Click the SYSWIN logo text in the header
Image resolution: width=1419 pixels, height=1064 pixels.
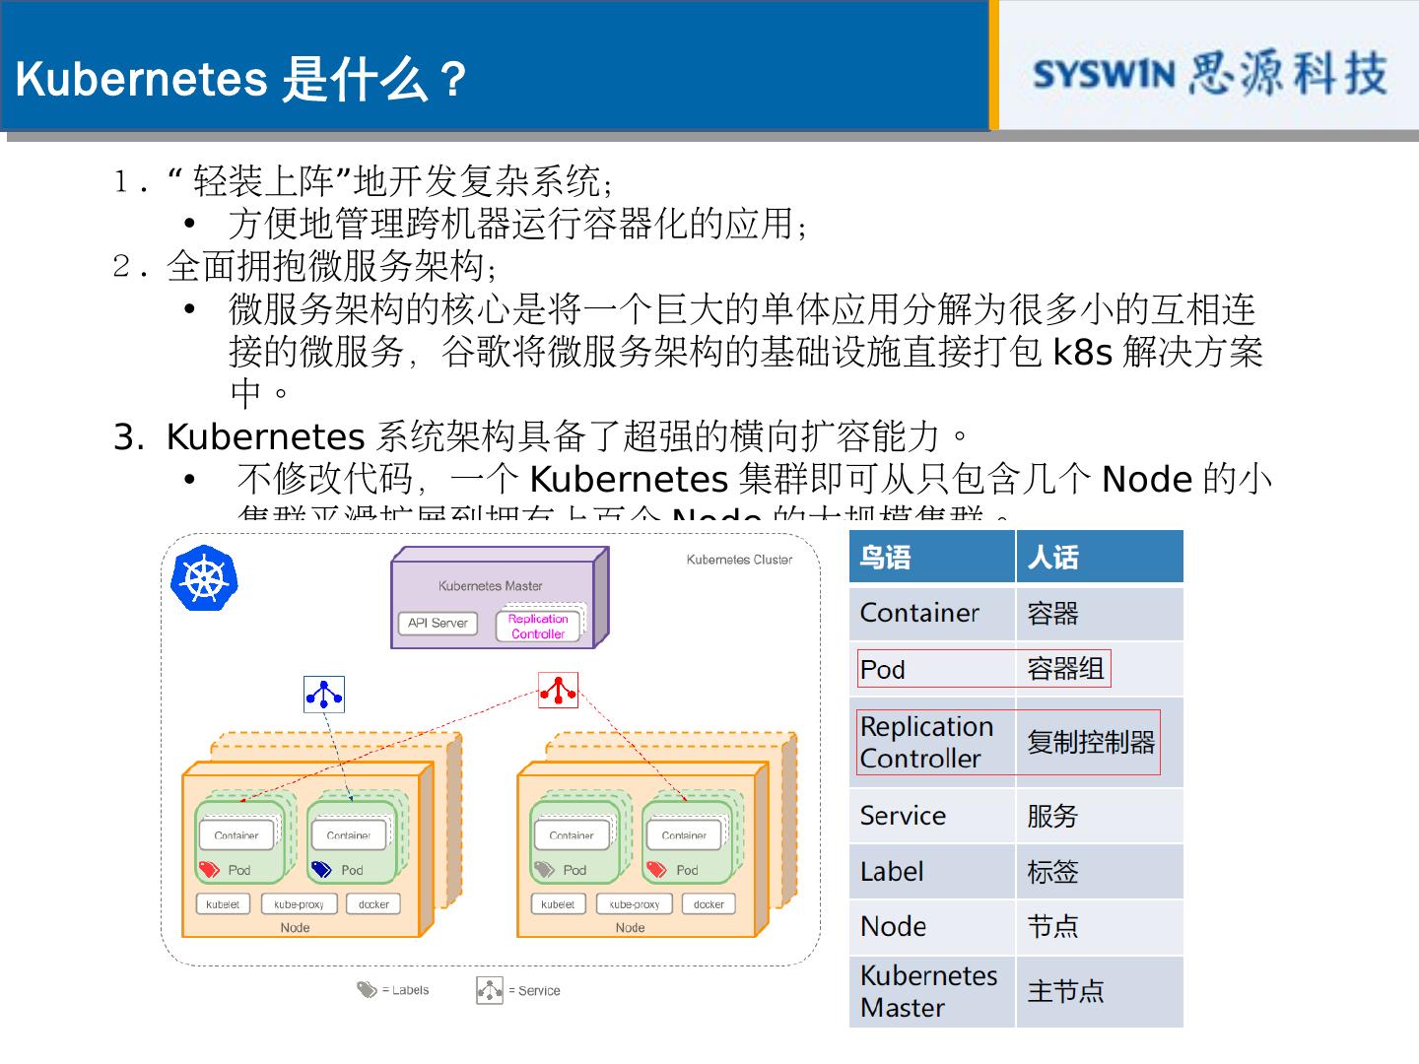click(x=1104, y=75)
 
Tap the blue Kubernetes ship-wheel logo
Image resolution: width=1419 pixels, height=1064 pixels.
click(x=204, y=578)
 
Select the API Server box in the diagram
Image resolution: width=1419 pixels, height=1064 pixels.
click(x=438, y=623)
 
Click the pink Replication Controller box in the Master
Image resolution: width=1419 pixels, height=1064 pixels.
click(x=538, y=627)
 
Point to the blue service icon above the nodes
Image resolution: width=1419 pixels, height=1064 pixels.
click(x=324, y=695)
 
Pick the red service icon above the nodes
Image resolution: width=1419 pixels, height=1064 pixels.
click(x=558, y=690)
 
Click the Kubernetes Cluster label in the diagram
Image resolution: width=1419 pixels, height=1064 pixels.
click(x=739, y=560)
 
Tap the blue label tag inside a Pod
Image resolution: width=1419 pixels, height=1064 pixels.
click(x=321, y=869)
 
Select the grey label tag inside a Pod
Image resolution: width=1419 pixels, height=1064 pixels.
click(x=544, y=869)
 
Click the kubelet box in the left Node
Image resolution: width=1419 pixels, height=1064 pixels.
click(x=223, y=904)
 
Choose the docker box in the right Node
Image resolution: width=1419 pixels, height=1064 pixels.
click(x=709, y=904)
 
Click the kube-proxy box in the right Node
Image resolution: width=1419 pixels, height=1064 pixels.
click(x=635, y=904)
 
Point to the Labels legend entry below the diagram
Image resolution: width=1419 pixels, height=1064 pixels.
click(x=393, y=990)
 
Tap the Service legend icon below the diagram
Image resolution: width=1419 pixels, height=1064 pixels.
click(x=489, y=990)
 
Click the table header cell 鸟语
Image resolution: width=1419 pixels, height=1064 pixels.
click(x=885, y=558)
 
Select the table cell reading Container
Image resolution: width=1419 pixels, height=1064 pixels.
click(x=919, y=613)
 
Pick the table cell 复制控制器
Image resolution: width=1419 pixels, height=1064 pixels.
click(x=1091, y=742)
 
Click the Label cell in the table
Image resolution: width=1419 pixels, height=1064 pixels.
click(x=892, y=872)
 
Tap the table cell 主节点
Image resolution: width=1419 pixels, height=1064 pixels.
click(x=1065, y=991)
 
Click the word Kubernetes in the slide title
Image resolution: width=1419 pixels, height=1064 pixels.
click(x=141, y=79)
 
